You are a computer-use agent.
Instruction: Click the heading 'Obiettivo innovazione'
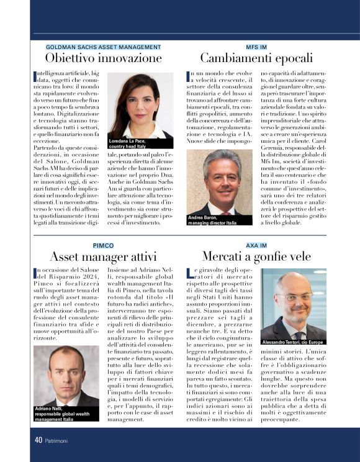click(x=103, y=58)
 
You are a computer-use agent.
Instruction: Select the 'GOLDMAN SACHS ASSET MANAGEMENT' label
click(x=103, y=47)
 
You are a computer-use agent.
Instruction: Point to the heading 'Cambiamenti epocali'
click(x=256, y=58)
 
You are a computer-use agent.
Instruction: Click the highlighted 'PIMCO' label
click(x=103, y=245)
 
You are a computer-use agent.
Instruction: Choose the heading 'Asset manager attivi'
click(x=103, y=256)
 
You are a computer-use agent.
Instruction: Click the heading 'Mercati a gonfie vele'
click(x=256, y=256)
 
